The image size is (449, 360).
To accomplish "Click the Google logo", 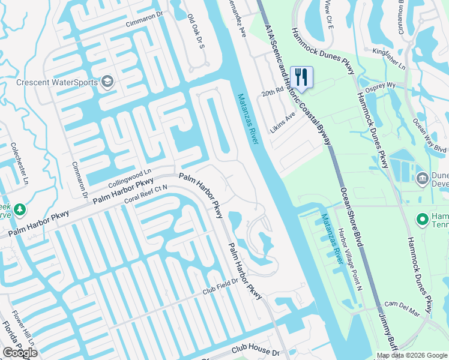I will point(20,352).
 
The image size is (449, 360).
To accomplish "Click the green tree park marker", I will point(20,209).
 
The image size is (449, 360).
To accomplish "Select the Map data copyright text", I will point(412,356).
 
